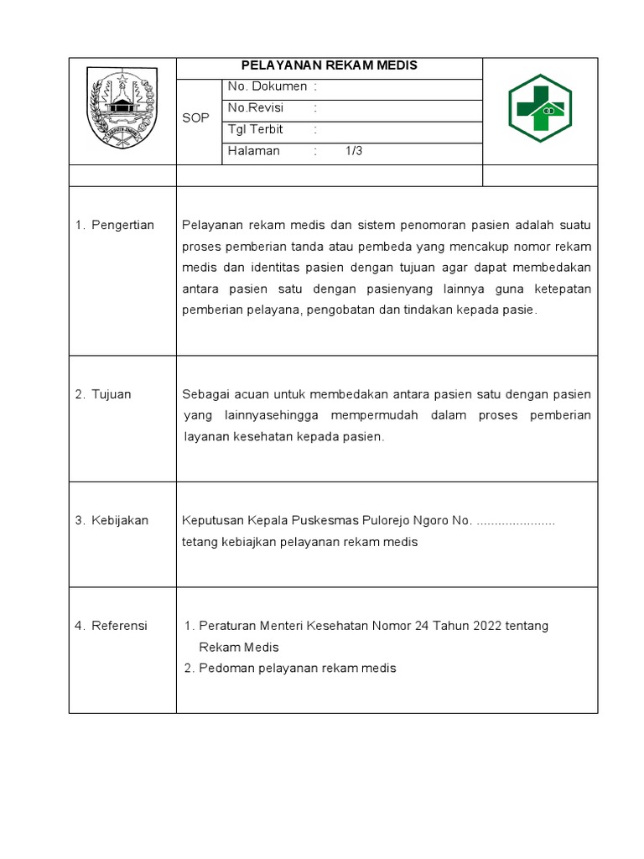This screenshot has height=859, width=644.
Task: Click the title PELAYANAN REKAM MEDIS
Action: [x=329, y=65]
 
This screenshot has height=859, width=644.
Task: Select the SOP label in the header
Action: [x=195, y=118]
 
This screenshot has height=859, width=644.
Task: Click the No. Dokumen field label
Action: [x=267, y=86]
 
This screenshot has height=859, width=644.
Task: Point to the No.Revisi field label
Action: [x=257, y=108]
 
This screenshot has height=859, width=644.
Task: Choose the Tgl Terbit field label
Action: [x=256, y=130]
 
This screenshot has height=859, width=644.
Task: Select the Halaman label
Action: [x=254, y=152]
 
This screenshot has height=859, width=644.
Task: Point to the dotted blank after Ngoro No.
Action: [x=516, y=521]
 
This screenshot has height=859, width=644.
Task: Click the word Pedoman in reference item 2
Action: [x=225, y=669]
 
